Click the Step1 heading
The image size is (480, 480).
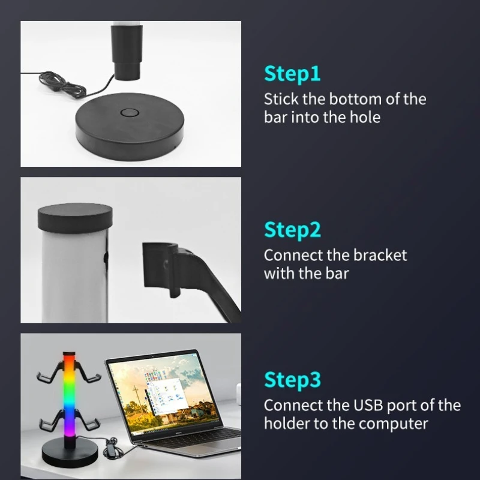click(x=292, y=74)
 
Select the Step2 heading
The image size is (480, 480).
click(x=292, y=230)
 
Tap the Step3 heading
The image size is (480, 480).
click(x=292, y=380)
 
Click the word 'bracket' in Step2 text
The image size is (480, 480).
click(x=380, y=256)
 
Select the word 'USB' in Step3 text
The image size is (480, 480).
click(x=368, y=406)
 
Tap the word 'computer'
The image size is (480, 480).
click(x=393, y=424)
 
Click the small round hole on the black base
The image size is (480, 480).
click(x=130, y=113)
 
